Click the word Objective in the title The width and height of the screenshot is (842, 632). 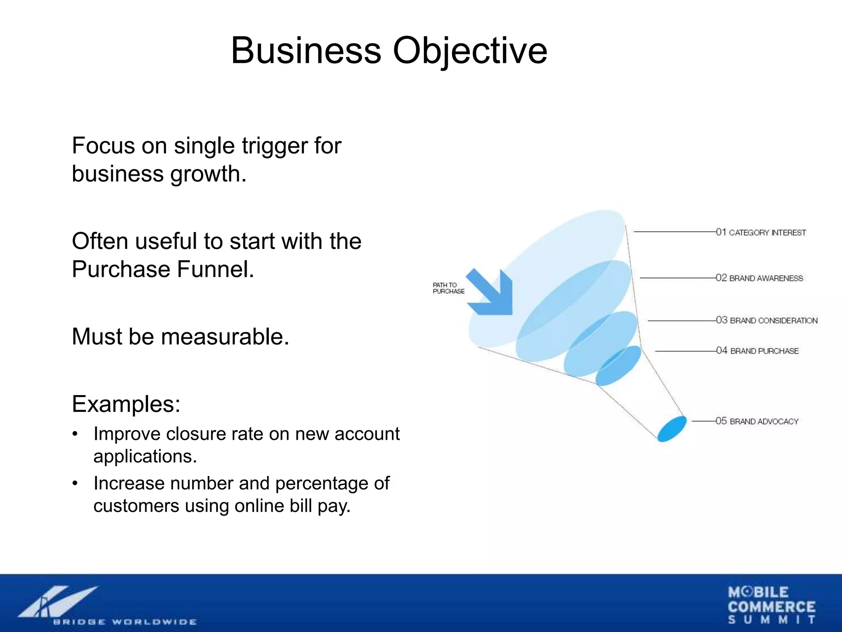click(470, 51)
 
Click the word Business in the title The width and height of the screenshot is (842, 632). click(306, 51)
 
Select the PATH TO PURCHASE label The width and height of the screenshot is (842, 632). click(448, 288)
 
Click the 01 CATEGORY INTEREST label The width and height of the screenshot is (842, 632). click(761, 232)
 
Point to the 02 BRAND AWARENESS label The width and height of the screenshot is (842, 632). click(759, 278)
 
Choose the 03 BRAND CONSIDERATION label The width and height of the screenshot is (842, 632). click(766, 321)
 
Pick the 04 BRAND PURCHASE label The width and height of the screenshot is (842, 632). click(757, 351)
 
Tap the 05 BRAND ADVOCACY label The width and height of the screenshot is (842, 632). click(757, 421)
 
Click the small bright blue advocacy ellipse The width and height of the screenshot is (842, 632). click(672, 429)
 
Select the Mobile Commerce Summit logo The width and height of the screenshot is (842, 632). click(771, 605)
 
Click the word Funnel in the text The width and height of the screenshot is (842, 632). click(215, 270)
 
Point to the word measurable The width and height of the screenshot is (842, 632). click(225, 337)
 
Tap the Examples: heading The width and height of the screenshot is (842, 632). click(126, 404)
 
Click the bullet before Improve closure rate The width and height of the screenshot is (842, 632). click(75, 434)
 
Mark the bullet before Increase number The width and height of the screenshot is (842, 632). click(75, 484)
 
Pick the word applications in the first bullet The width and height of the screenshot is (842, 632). click(145, 456)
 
